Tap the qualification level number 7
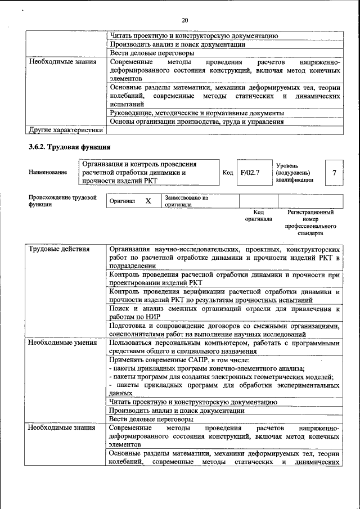pos(334,173)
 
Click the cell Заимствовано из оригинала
pos(186,201)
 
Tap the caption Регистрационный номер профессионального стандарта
pos(310,222)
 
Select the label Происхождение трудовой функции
pos(62,201)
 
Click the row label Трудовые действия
pos(57,248)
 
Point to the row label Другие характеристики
pos(66,130)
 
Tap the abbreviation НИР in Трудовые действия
pos(152,318)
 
